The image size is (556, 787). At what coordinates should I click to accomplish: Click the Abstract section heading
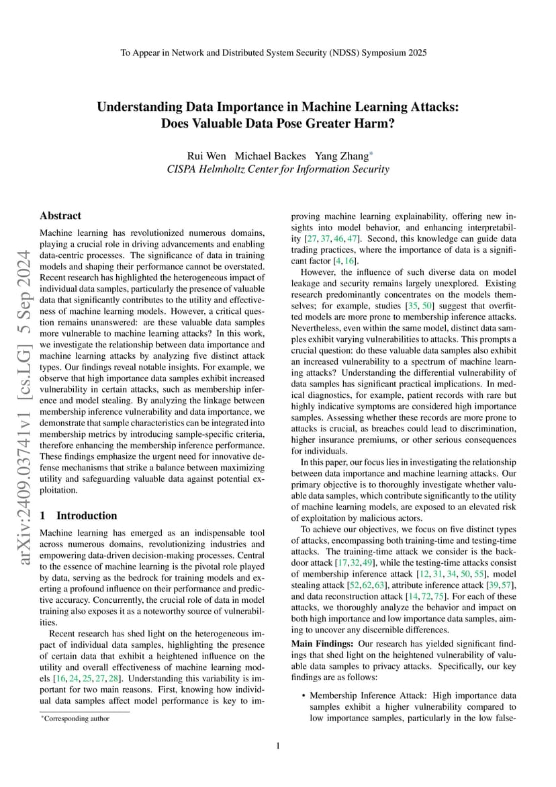(x=60, y=216)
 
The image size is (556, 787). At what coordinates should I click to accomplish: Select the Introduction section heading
(x=87, y=515)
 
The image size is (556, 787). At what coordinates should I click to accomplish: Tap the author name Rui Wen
(x=205, y=156)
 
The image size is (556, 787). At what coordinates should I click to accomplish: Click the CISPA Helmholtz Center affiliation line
(x=277, y=169)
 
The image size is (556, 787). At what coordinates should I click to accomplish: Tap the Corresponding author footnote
(x=76, y=718)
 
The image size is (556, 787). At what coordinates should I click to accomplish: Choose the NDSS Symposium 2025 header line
(x=277, y=52)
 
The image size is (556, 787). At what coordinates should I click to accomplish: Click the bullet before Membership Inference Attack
(x=304, y=694)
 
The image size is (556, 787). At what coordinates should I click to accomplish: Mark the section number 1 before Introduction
(x=42, y=515)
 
